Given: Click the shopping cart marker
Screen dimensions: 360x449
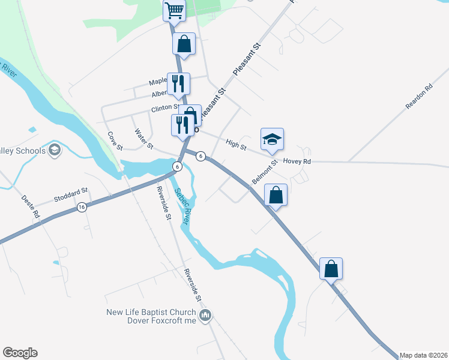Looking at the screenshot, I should click(x=173, y=10).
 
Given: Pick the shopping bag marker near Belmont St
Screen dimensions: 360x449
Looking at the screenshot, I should click(x=275, y=196).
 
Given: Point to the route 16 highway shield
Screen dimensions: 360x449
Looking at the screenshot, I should click(x=81, y=207).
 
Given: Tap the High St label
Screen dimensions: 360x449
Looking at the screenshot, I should click(x=236, y=143).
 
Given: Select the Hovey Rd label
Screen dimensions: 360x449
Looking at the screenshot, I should click(x=298, y=161).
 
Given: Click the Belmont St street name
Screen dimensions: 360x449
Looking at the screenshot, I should click(x=265, y=172).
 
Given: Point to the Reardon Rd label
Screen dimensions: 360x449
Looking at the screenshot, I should click(x=419, y=96).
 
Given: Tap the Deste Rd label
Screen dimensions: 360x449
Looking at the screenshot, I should click(x=31, y=206).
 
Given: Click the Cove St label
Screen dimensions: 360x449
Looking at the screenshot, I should click(x=115, y=141).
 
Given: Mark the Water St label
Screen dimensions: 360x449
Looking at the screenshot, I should click(x=144, y=139).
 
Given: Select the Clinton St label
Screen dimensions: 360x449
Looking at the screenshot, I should click(x=165, y=109).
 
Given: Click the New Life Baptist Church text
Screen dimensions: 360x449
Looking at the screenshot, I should click(x=151, y=312).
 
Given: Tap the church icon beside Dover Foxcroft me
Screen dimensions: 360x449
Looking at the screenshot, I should click(x=205, y=316).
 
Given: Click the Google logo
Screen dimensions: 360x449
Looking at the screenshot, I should click(x=20, y=353).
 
